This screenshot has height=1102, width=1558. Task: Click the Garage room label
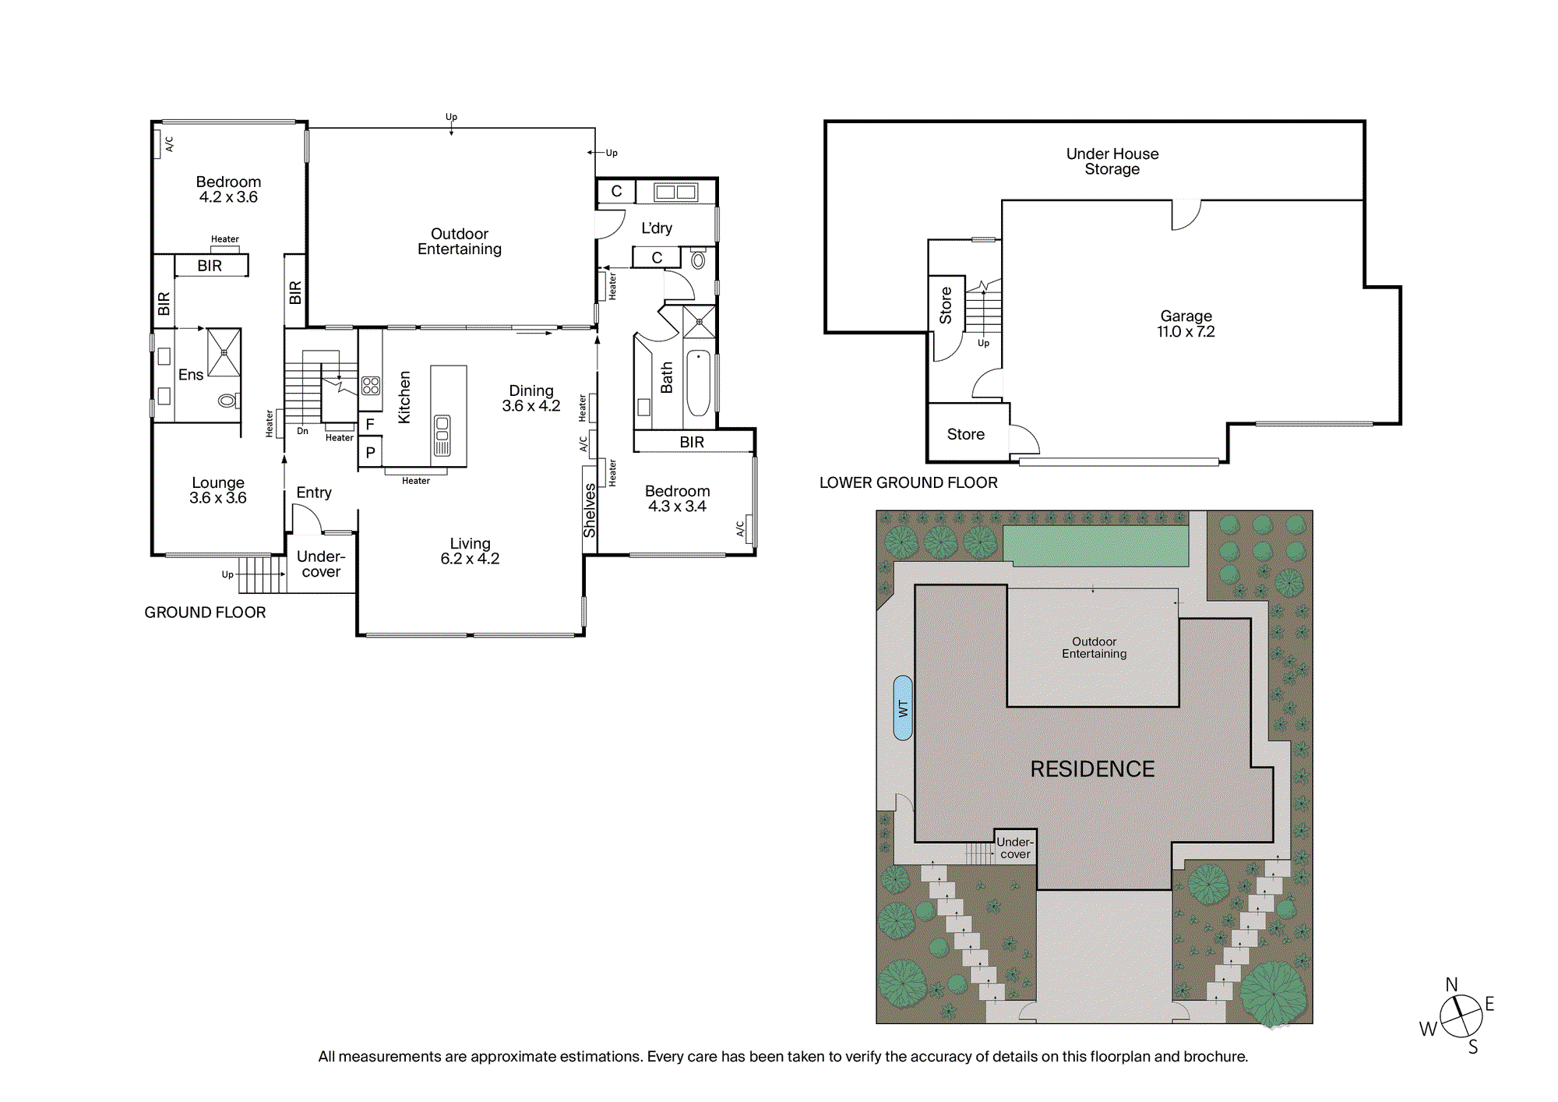pyautogui.click(x=1186, y=323)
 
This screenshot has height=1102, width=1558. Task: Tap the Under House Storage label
pyautogui.click(x=1112, y=161)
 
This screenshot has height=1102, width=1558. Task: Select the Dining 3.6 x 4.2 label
pyautogui.click(x=531, y=398)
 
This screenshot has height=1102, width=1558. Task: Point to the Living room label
pyautogui.click(x=470, y=551)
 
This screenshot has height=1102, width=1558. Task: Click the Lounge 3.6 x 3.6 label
pyautogui.click(x=218, y=490)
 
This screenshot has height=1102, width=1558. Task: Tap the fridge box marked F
pyautogui.click(x=370, y=425)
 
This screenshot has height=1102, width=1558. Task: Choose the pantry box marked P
pyautogui.click(x=370, y=452)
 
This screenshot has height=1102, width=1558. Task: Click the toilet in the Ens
pyautogui.click(x=228, y=401)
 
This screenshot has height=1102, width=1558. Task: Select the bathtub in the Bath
pyautogui.click(x=698, y=383)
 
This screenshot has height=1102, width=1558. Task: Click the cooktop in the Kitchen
pyautogui.click(x=371, y=386)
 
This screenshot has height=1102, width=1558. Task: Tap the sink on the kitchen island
pyautogui.click(x=442, y=435)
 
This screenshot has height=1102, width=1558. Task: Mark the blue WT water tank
pyautogui.click(x=903, y=708)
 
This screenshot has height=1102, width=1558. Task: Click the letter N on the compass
pyautogui.click(x=1451, y=985)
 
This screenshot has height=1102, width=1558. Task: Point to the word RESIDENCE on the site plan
pyautogui.click(x=1092, y=769)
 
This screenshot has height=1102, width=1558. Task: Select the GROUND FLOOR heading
pyautogui.click(x=205, y=613)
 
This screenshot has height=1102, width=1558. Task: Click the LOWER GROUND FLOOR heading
pyautogui.click(x=908, y=482)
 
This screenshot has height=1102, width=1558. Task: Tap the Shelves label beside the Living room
pyautogui.click(x=590, y=510)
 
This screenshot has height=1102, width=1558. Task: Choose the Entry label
pyautogui.click(x=314, y=493)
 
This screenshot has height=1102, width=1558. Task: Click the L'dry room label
pyautogui.click(x=657, y=228)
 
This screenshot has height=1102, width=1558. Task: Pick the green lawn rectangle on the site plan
pyautogui.click(x=1095, y=546)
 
